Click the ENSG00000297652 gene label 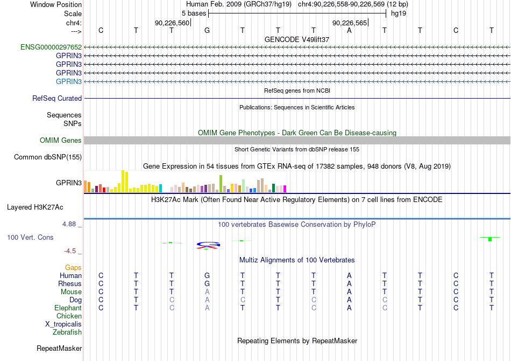pyautogui.click(x=51, y=47)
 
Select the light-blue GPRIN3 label pyautogui.click(x=69, y=81)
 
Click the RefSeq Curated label pyautogui.click(x=57, y=98)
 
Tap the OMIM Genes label pyautogui.click(x=61, y=140)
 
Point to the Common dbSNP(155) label pyautogui.click(x=48, y=157)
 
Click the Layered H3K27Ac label pyautogui.click(x=35, y=207)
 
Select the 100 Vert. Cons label pyautogui.click(x=30, y=237)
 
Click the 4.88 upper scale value pyautogui.click(x=69, y=224)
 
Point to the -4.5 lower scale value pyautogui.click(x=70, y=251)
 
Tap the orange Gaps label pyautogui.click(x=73, y=268)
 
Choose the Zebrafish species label pyautogui.click(x=67, y=332)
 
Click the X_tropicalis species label pyautogui.click(x=63, y=324)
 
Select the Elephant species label pyautogui.click(x=68, y=308)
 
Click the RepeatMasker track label pyautogui.click(x=59, y=348)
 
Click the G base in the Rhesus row pyautogui.click(x=207, y=283)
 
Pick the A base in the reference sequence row pyautogui.click(x=349, y=30)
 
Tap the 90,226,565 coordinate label pyautogui.click(x=350, y=23)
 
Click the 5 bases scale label pyautogui.click(x=194, y=13)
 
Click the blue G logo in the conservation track pyautogui.click(x=209, y=244)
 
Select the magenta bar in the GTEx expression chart pyautogui.click(x=285, y=189)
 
